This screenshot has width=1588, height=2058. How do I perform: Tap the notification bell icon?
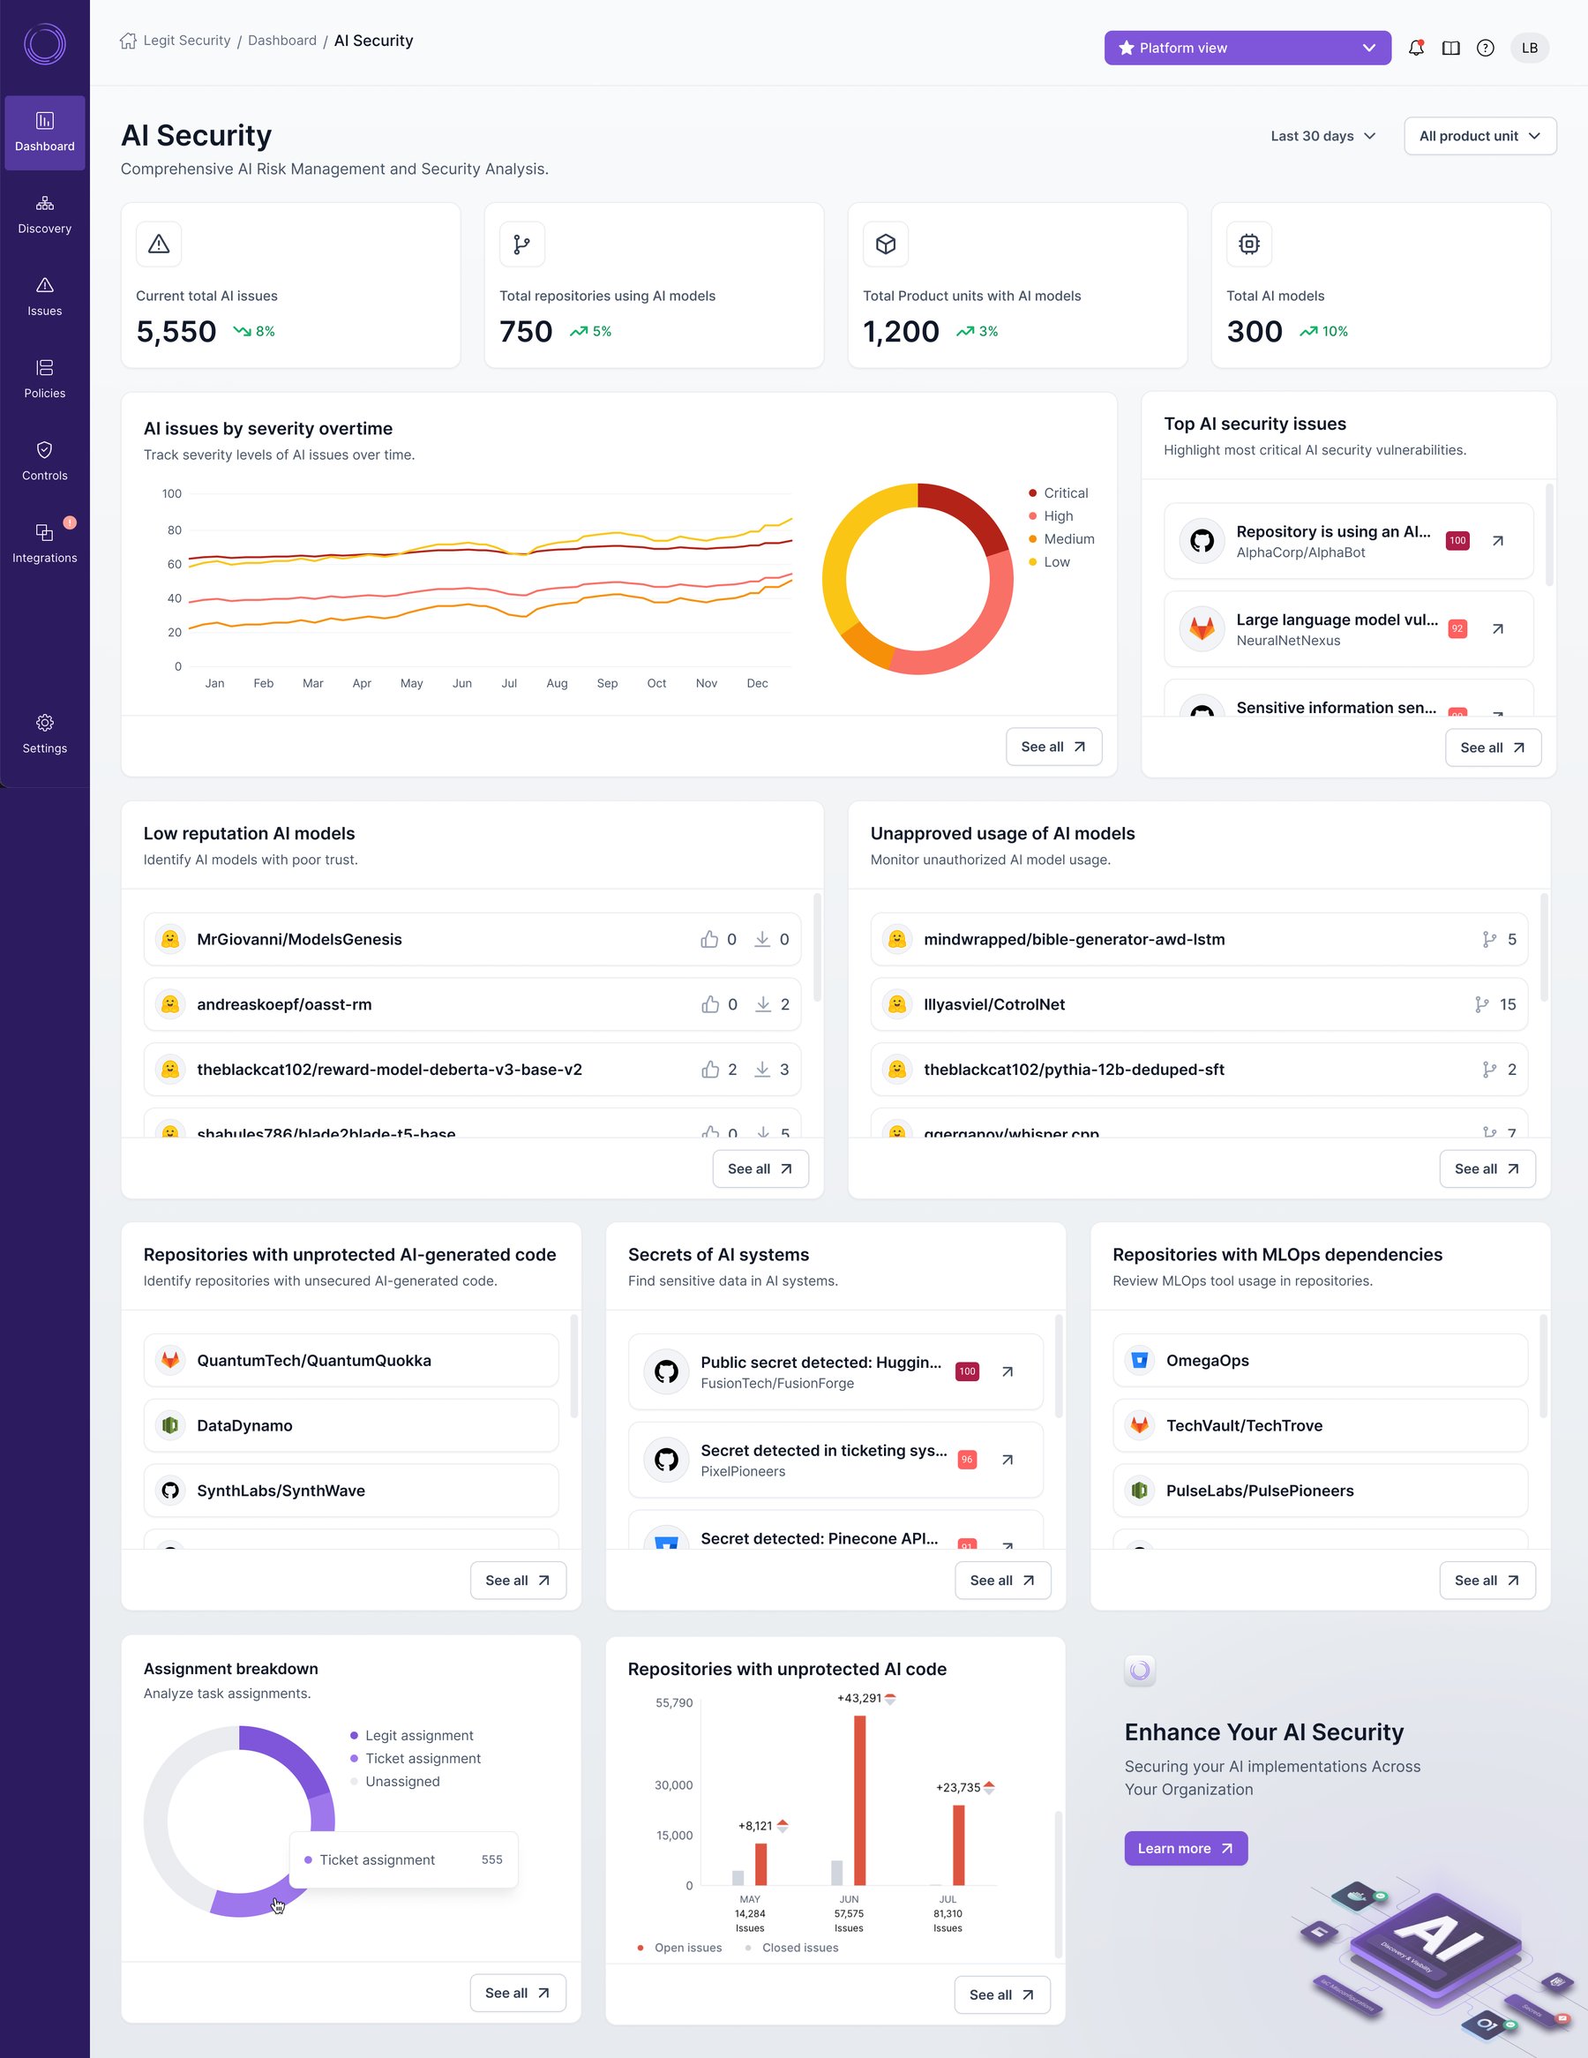[1416, 48]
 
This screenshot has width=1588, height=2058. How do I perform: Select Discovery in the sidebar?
[44, 214]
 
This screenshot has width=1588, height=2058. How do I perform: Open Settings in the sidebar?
[44, 734]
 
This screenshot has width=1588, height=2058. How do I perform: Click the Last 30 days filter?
[1322, 136]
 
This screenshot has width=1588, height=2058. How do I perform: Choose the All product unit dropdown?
[1479, 136]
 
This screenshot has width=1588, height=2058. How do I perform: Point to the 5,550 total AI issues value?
[176, 332]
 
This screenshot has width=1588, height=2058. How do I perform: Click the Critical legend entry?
[1064, 492]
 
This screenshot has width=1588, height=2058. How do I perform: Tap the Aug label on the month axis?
[557, 683]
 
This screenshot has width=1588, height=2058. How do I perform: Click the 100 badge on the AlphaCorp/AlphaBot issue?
[1457, 541]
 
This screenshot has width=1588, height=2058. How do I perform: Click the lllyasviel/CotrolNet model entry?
[993, 1004]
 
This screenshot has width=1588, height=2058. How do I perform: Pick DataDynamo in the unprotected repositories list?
[245, 1426]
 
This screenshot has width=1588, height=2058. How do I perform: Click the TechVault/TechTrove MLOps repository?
[1243, 1426]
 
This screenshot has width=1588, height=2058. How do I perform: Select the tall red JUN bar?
[859, 1799]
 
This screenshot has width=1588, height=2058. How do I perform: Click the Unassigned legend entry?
[402, 1781]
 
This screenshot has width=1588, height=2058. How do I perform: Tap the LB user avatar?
[1529, 48]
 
